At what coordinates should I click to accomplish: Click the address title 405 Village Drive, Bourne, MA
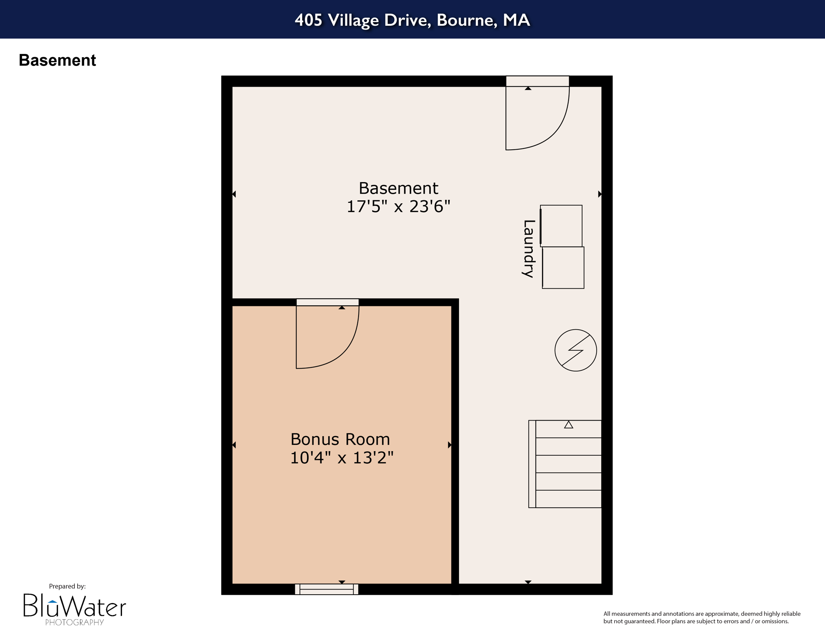412,20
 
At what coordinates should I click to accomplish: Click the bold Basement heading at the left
57,61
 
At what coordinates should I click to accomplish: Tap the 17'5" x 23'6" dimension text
398,207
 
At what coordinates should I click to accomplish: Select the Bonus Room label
340,439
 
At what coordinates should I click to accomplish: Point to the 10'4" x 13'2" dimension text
341,457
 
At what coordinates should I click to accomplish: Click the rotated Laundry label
528,248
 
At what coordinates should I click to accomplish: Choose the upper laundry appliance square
561,226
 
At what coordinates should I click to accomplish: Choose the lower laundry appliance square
563,268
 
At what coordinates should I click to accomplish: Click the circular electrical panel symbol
576,350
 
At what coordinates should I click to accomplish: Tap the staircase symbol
565,464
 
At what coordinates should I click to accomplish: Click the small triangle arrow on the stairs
569,425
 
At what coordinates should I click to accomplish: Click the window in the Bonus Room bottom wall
327,589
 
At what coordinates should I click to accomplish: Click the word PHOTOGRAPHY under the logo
75,622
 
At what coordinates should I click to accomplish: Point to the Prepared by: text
67,586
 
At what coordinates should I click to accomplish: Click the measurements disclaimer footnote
701,618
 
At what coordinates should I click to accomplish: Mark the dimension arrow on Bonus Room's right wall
450,445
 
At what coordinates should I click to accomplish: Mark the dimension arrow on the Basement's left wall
234,194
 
